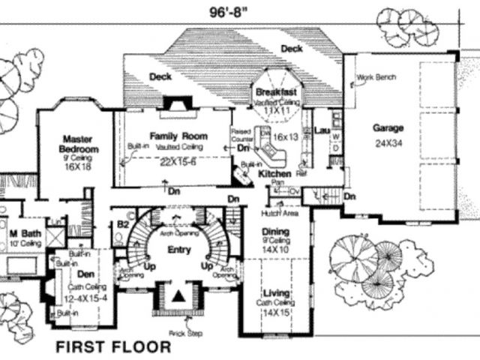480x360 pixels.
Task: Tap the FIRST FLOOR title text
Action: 113,346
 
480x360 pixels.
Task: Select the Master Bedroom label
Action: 76,142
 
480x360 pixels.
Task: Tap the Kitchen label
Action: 274,174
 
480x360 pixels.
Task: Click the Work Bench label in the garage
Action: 376,77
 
